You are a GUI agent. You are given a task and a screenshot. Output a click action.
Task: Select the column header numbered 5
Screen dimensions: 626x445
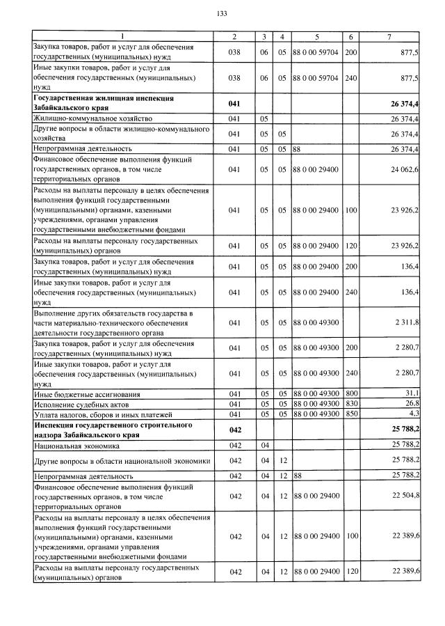[x=316, y=36]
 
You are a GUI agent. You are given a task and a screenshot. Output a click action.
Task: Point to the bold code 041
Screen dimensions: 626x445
[x=234, y=104]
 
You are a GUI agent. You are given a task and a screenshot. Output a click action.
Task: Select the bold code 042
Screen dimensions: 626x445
[x=234, y=430]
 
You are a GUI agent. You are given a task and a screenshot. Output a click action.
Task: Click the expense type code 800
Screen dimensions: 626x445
[x=351, y=395]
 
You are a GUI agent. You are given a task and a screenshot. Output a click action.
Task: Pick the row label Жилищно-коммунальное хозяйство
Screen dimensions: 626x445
[x=88, y=119]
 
